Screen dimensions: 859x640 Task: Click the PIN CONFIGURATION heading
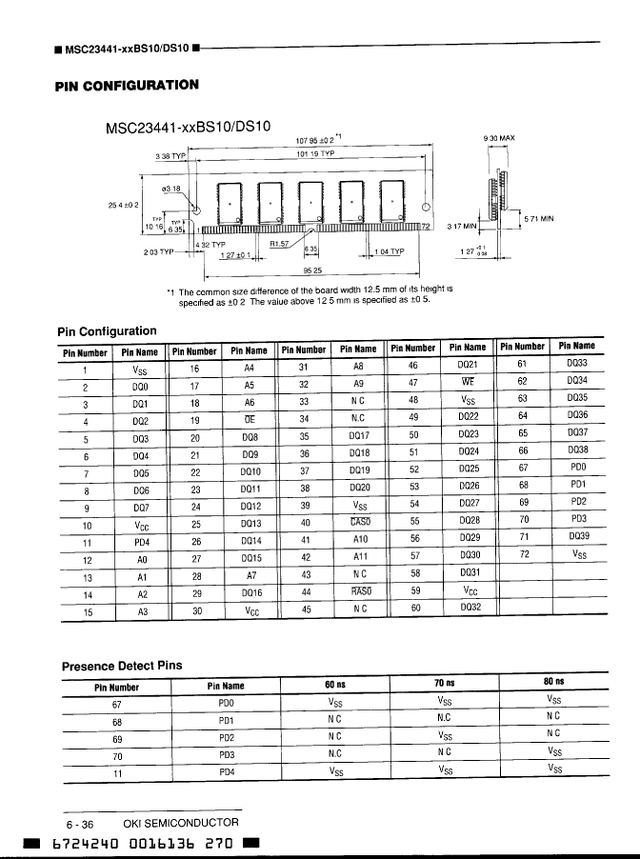[x=128, y=85]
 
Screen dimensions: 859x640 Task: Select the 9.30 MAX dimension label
[x=499, y=138]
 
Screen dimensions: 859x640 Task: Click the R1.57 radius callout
[x=282, y=243]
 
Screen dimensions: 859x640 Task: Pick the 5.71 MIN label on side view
[x=539, y=218]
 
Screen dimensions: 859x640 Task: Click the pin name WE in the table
[x=467, y=381]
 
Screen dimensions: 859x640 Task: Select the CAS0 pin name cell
[x=360, y=521]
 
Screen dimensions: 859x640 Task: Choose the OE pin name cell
[x=250, y=417]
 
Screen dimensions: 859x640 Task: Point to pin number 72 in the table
[x=523, y=556]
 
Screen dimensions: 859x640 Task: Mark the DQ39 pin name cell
[x=577, y=538]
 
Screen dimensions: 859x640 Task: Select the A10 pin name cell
[x=359, y=539]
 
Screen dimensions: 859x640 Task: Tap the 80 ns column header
[x=554, y=683]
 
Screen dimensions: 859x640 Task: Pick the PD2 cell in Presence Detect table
[x=226, y=736]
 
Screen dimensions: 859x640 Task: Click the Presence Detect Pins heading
[x=121, y=665]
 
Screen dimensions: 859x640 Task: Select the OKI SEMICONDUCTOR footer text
[x=181, y=822]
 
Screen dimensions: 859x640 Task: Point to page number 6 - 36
[x=79, y=823]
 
